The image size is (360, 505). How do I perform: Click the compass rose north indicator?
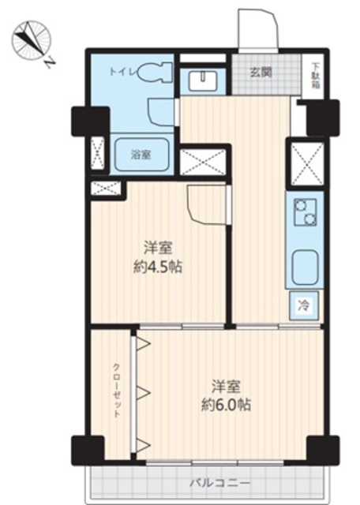click(x=32, y=41)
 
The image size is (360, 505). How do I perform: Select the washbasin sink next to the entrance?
click(x=203, y=80)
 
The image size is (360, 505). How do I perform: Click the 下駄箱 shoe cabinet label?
click(x=316, y=75)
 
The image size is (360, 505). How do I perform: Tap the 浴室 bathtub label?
click(x=141, y=155)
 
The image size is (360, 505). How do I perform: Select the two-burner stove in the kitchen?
click(x=305, y=212)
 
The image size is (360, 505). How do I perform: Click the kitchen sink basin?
click(x=305, y=266)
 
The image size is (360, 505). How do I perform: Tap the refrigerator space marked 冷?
click(x=304, y=305)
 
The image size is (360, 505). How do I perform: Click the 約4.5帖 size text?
click(x=158, y=267)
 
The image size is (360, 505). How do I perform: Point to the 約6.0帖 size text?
click(x=226, y=405)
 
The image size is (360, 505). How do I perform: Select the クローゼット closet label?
click(x=117, y=391)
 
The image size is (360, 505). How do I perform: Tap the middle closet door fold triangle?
click(x=143, y=392)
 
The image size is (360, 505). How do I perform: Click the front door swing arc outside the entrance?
click(x=258, y=29)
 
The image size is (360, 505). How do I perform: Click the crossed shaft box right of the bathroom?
click(x=203, y=162)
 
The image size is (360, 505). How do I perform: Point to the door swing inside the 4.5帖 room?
click(x=206, y=204)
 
